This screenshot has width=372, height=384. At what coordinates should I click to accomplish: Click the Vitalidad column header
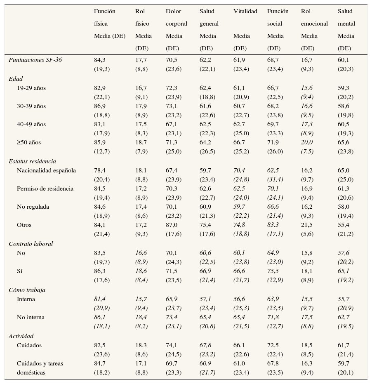coord(245,12)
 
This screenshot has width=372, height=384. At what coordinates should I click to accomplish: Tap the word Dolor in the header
coord(173,12)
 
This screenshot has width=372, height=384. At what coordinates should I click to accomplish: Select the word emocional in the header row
coord(314,24)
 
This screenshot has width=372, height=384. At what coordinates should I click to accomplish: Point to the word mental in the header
coord(346,24)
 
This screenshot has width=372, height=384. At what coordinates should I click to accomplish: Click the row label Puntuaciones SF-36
coord(35,60)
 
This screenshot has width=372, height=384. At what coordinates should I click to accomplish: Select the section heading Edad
coord(16,78)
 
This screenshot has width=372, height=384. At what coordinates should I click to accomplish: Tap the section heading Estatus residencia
coord(32,161)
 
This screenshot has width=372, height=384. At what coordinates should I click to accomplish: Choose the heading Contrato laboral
coord(31,244)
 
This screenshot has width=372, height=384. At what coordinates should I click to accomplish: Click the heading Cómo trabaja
coord(27,290)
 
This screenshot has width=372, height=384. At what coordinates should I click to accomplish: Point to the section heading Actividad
coord(21,336)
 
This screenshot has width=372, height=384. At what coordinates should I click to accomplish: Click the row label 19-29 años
coord(31,88)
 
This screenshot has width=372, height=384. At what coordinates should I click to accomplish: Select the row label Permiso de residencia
coord(45,188)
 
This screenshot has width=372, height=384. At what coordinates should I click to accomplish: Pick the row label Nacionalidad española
coord(46,170)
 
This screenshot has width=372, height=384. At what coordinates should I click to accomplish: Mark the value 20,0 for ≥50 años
coord(307,142)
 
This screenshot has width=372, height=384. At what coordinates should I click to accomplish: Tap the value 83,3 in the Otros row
coord(273,225)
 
